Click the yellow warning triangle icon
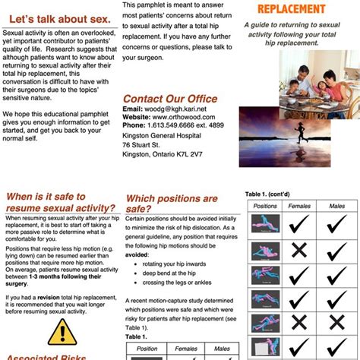click(x=57, y=331)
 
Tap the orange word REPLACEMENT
click(x=298, y=9)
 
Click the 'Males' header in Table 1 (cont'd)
click(x=336, y=205)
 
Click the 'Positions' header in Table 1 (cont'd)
click(x=264, y=205)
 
